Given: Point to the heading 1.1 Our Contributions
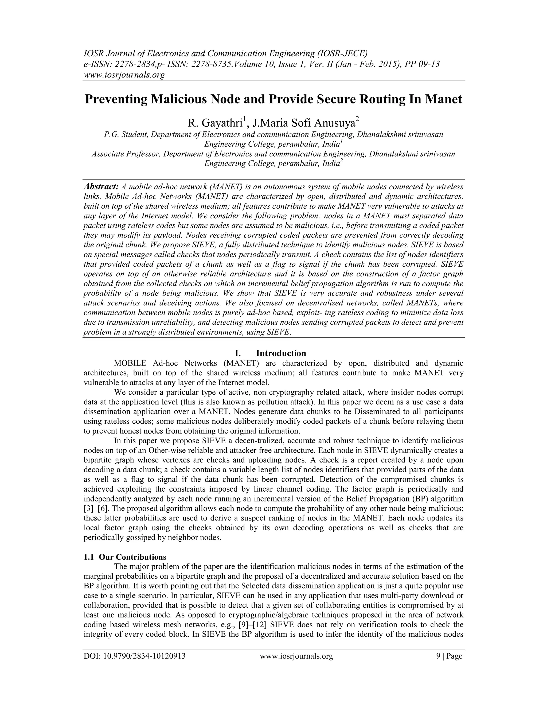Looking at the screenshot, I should [125, 557].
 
